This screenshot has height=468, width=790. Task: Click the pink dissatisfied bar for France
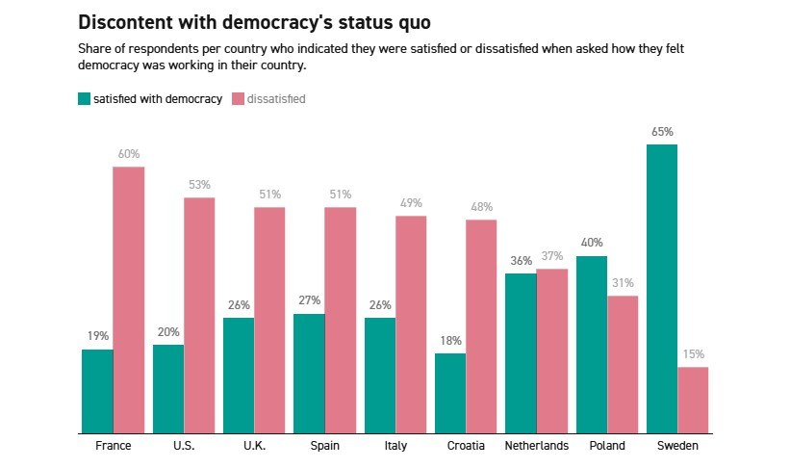click(x=129, y=299)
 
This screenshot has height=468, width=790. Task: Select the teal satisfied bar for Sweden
click(x=662, y=289)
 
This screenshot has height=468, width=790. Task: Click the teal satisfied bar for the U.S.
click(x=168, y=389)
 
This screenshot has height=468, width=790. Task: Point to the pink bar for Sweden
click(x=693, y=400)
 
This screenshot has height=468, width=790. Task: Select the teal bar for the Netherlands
click(x=521, y=353)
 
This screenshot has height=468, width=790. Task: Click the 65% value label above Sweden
click(x=662, y=132)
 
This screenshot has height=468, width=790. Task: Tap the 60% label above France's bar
click(x=129, y=154)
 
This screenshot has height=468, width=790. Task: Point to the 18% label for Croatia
click(x=450, y=341)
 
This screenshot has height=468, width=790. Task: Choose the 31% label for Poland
click(x=623, y=283)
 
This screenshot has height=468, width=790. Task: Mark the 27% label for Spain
click(x=309, y=300)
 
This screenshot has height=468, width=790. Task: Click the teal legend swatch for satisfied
click(x=84, y=98)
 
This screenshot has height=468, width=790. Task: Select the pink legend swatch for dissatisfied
click(x=239, y=98)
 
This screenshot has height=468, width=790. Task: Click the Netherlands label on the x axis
click(x=537, y=446)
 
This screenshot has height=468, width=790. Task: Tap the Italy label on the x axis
click(x=395, y=446)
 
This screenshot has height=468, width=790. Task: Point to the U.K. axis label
click(x=254, y=446)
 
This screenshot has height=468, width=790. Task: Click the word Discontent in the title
click(x=121, y=22)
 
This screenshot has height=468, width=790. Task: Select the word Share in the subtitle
click(x=93, y=48)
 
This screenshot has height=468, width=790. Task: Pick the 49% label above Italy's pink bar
click(x=411, y=203)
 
